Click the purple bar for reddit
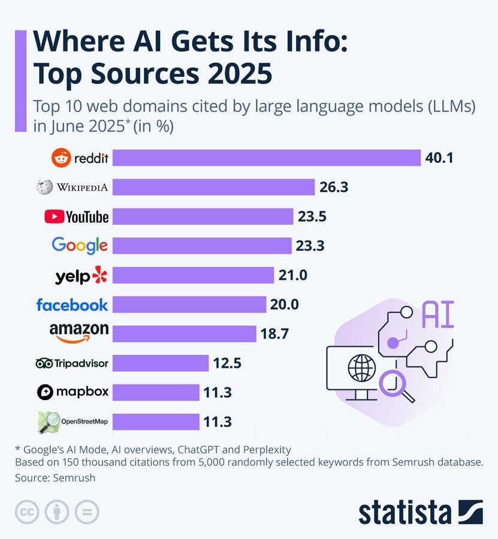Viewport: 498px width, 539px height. (267, 158)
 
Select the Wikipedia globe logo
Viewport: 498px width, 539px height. (43, 187)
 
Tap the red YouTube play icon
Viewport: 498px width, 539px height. (54, 216)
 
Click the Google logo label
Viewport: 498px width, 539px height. (80, 246)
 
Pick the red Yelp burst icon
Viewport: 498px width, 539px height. (99, 275)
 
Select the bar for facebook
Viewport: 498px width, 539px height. (189, 304)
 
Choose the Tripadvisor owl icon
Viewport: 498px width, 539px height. (44, 363)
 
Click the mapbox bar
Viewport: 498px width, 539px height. (156, 392)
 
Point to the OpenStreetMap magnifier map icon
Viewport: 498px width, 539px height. (49, 422)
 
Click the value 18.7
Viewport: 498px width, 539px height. (274, 334)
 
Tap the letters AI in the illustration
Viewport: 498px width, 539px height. (437, 314)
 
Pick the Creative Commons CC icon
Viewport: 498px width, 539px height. (26, 512)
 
